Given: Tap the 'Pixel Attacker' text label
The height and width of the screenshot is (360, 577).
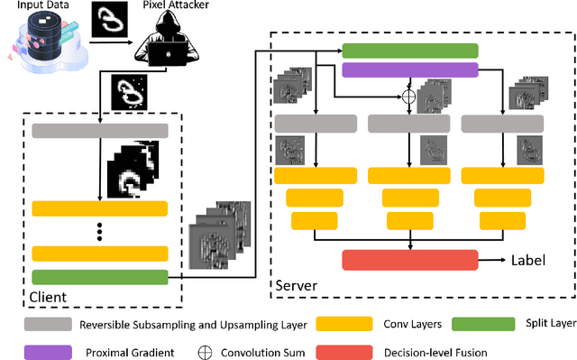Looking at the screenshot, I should coord(169,6).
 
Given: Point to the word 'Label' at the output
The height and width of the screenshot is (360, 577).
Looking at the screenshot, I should coord(528,259).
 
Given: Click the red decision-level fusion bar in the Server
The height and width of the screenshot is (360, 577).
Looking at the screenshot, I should coord(410,260).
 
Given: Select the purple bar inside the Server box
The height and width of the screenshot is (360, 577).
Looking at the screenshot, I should coord(410,69).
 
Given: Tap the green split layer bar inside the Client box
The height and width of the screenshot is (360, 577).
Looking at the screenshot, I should coord(99,277).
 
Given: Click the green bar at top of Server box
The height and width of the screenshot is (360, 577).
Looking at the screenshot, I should coord(410,51).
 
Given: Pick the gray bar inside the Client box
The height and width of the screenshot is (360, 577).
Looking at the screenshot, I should coord(99,131).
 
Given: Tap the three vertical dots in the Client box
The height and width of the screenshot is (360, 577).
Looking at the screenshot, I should coord(99,232).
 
